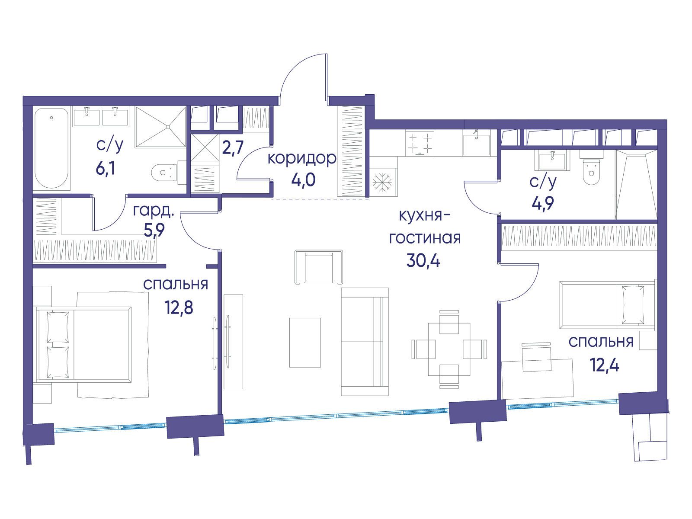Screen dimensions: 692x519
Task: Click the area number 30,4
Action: [x=423, y=261]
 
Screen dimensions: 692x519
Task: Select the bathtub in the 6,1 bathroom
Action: [x=52, y=148]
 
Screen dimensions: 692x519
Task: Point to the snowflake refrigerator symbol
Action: [x=382, y=182]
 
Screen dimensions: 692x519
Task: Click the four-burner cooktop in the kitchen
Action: [x=419, y=143]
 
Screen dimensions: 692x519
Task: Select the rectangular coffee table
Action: [x=305, y=343]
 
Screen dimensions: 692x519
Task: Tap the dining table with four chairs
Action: [x=449, y=349]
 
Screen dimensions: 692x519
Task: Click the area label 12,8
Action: [x=179, y=307]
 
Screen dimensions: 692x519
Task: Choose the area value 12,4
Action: [x=605, y=365]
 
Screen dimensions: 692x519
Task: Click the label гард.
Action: [x=154, y=211]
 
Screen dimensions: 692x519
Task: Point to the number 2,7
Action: [x=233, y=147]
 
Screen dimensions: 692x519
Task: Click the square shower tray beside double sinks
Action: [x=160, y=127]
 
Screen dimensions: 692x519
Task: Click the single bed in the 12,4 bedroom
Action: [x=607, y=305]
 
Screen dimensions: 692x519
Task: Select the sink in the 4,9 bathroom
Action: [x=552, y=160]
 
